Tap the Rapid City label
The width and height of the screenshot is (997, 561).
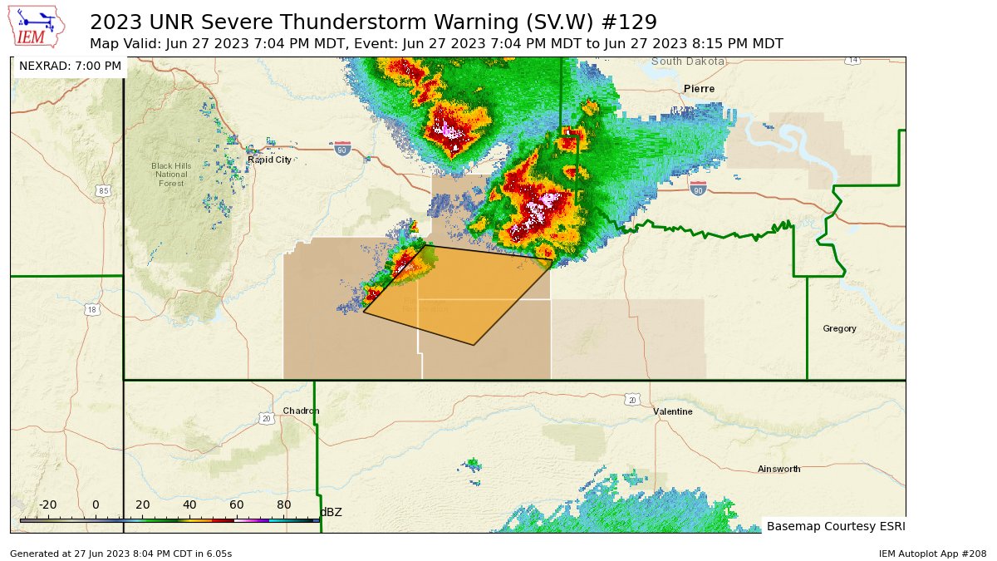[269, 160]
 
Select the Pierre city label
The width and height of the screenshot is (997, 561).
[699, 89]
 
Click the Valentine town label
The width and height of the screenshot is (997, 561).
[672, 411]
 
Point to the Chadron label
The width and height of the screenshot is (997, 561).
[301, 411]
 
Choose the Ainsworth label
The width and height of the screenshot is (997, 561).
[778, 470]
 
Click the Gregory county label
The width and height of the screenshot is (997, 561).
[839, 328]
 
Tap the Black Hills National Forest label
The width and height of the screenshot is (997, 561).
[171, 174]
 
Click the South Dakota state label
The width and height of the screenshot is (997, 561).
[688, 62]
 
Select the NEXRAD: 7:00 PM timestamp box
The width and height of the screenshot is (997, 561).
[70, 66]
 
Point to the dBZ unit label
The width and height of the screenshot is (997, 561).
[331, 512]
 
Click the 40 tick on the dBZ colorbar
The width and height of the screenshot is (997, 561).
[189, 505]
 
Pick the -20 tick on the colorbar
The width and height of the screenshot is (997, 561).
[47, 505]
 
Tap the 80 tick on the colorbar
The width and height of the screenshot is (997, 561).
[283, 505]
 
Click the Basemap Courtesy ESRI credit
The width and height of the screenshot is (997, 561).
[835, 526]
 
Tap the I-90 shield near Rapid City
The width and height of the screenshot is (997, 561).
[341, 150]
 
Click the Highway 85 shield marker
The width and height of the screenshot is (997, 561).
[103, 191]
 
